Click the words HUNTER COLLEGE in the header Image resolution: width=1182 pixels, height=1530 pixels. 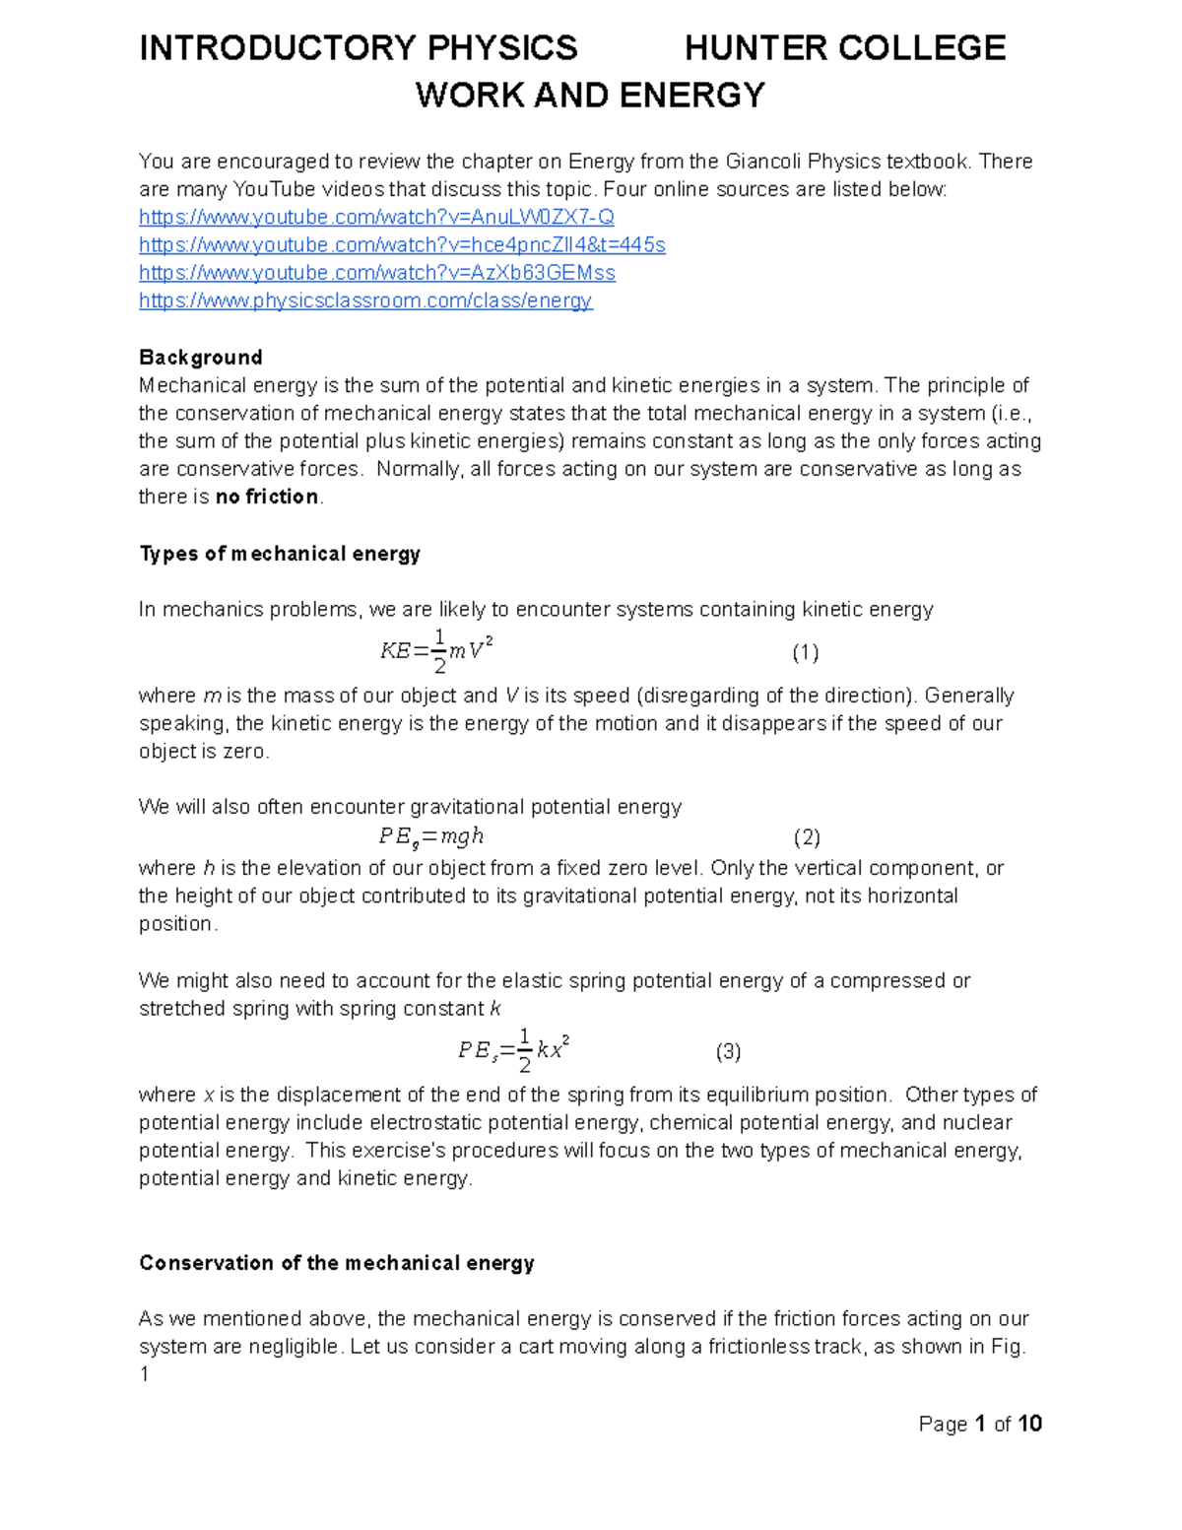click(x=844, y=47)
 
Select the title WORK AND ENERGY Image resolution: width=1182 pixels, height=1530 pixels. click(x=590, y=96)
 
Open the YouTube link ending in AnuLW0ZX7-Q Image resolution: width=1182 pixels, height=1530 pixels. click(x=376, y=217)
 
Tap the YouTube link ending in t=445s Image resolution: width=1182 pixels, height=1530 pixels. click(x=402, y=244)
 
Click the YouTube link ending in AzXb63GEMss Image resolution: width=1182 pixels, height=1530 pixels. click(x=377, y=273)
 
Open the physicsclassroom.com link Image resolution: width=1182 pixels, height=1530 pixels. click(x=365, y=300)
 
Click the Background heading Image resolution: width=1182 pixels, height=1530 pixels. click(x=200, y=357)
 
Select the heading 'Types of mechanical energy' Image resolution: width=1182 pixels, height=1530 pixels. click(x=280, y=554)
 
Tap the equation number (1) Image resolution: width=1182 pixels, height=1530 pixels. click(x=806, y=652)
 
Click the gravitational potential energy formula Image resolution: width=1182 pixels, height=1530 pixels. click(x=431, y=837)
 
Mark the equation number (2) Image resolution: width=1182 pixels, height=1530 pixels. click(x=807, y=837)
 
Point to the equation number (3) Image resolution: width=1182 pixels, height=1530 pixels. click(x=728, y=1051)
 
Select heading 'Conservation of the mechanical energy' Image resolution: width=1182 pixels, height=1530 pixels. click(x=337, y=1263)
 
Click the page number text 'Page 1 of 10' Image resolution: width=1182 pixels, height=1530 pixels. click(x=980, y=1424)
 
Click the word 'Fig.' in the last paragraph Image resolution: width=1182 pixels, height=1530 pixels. click(x=1007, y=1347)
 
